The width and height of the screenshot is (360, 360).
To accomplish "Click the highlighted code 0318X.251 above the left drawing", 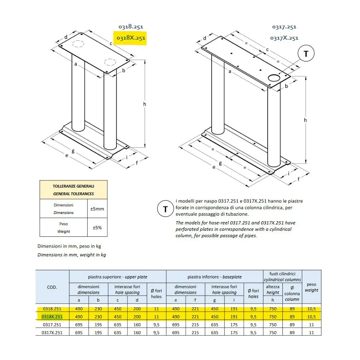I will pos(130,38).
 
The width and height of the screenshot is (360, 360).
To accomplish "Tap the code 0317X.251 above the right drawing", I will pos(284,38).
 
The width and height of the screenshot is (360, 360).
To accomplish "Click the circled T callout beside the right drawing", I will pos(306,54).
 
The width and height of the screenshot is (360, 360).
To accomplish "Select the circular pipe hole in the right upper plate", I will pos(274,78).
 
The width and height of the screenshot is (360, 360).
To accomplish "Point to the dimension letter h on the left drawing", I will pos(145,104).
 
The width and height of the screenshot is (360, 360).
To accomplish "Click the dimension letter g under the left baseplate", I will pos(73,151).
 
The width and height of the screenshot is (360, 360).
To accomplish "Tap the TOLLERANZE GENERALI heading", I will pos(74,186).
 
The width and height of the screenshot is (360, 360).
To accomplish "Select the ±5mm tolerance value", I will pos(97,209).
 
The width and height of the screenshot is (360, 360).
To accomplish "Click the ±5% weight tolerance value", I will pos(97,228).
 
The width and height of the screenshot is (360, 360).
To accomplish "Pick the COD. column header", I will pos(52,287).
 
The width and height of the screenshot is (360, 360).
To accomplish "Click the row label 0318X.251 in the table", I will pos(52,316).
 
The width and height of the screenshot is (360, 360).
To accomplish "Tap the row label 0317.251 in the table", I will pos(52,324).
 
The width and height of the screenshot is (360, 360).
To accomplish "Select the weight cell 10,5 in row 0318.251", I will pos(312,309).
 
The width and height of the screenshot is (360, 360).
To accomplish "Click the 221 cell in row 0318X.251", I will pos(195,316).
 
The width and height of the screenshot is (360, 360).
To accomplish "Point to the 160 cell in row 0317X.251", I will pos(137,332).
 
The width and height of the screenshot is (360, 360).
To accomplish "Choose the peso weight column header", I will pos(312,287).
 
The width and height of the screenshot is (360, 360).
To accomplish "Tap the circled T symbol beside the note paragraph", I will pos(165,209).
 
